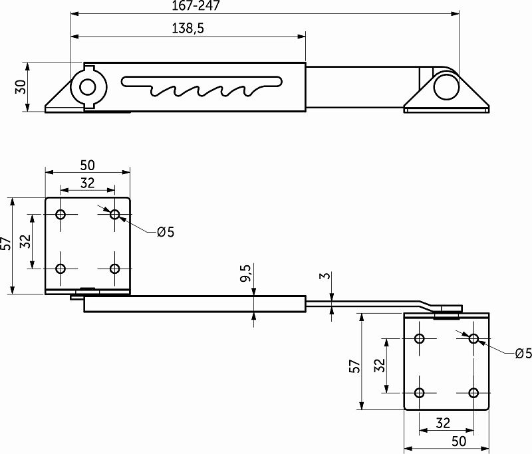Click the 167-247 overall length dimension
196,6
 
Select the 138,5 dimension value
187,28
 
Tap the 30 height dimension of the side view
21,87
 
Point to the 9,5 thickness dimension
245,273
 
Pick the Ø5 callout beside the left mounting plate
166,232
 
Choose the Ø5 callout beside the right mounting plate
523,354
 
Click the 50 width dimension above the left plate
87,165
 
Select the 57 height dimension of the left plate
6,245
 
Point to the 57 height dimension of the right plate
354,365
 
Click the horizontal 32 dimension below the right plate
444,423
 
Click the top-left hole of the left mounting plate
61,215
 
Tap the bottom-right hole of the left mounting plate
115,269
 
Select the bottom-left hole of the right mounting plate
420,392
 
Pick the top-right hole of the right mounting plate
474,338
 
